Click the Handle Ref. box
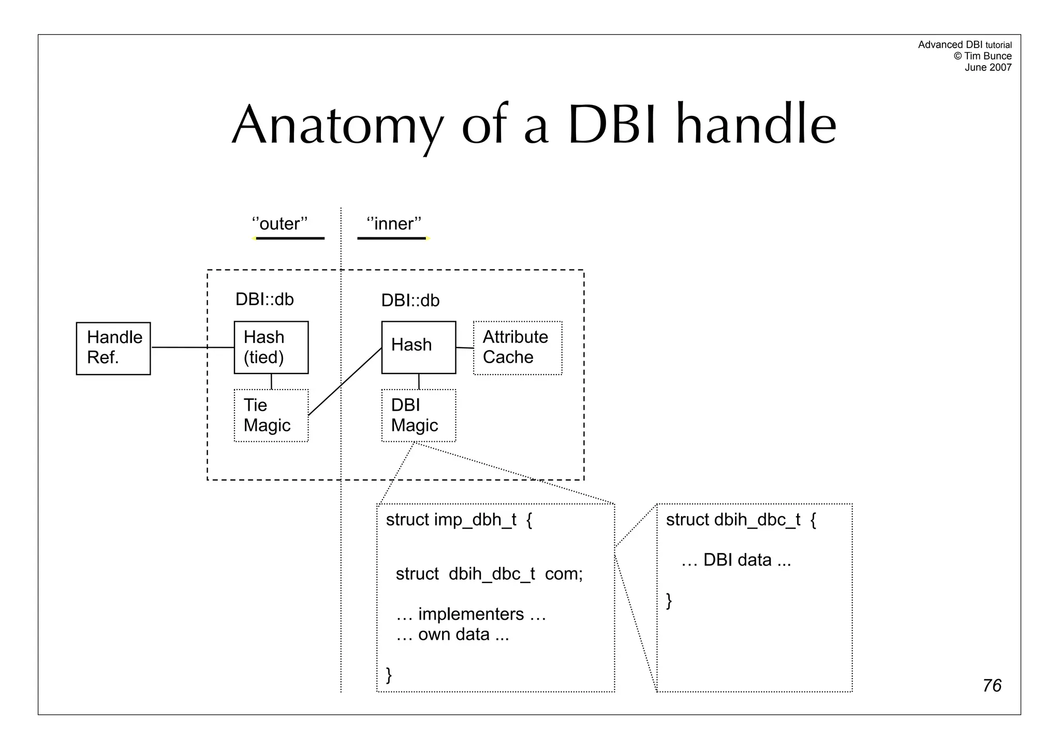tap(113, 348)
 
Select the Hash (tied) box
tap(271, 347)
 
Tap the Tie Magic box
tap(271, 415)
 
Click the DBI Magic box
tap(418, 415)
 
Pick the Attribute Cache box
tap(517, 348)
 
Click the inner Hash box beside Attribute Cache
tap(418, 347)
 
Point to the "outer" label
tap(279, 224)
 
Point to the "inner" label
tap(394, 224)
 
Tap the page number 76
tap(992, 685)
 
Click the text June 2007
tap(988, 68)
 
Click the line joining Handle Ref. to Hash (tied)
tap(192, 348)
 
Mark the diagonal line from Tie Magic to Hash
tap(345, 382)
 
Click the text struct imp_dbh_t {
tap(459, 520)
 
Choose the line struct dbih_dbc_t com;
tap(489, 574)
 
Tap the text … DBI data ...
tap(736, 560)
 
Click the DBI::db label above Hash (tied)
tap(264, 299)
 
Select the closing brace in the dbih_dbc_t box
tap(669, 601)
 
